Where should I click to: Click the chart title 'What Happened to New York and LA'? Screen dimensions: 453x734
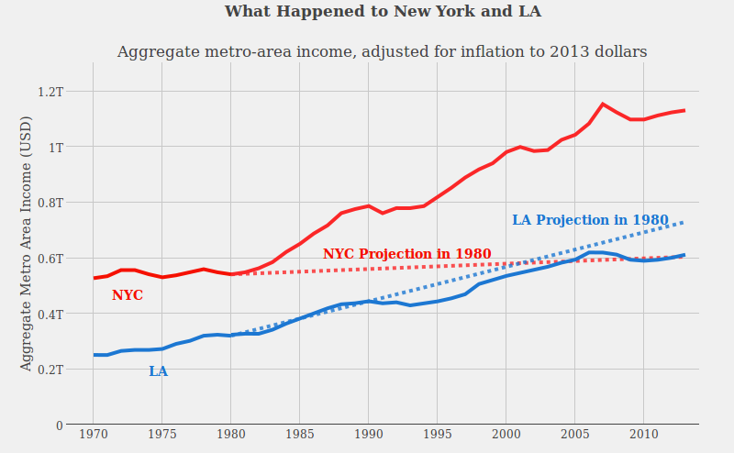pyautogui.click(x=383, y=12)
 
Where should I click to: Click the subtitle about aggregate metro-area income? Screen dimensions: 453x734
pyautogui.click(x=382, y=52)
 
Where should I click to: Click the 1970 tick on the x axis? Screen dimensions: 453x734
pyautogui.click(x=93, y=433)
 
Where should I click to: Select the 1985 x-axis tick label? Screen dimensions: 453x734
pyautogui.click(x=299, y=433)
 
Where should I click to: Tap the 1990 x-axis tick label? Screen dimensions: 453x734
pyautogui.click(x=368, y=433)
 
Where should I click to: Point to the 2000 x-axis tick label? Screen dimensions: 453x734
pyautogui.click(x=506, y=433)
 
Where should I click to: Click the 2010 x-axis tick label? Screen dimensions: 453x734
pyautogui.click(x=643, y=433)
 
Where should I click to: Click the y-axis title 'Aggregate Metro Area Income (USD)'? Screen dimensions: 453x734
pyautogui.click(x=26, y=243)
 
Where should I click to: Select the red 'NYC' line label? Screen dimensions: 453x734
pyautogui.click(x=128, y=296)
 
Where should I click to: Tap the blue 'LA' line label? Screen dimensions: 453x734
pyautogui.click(x=158, y=371)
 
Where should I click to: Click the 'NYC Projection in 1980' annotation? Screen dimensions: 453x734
pyautogui.click(x=406, y=254)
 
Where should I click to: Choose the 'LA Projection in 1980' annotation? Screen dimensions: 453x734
pyautogui.click(x=589, y=220)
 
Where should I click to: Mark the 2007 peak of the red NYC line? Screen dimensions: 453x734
pyautogui.click(x=603, y=105)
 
